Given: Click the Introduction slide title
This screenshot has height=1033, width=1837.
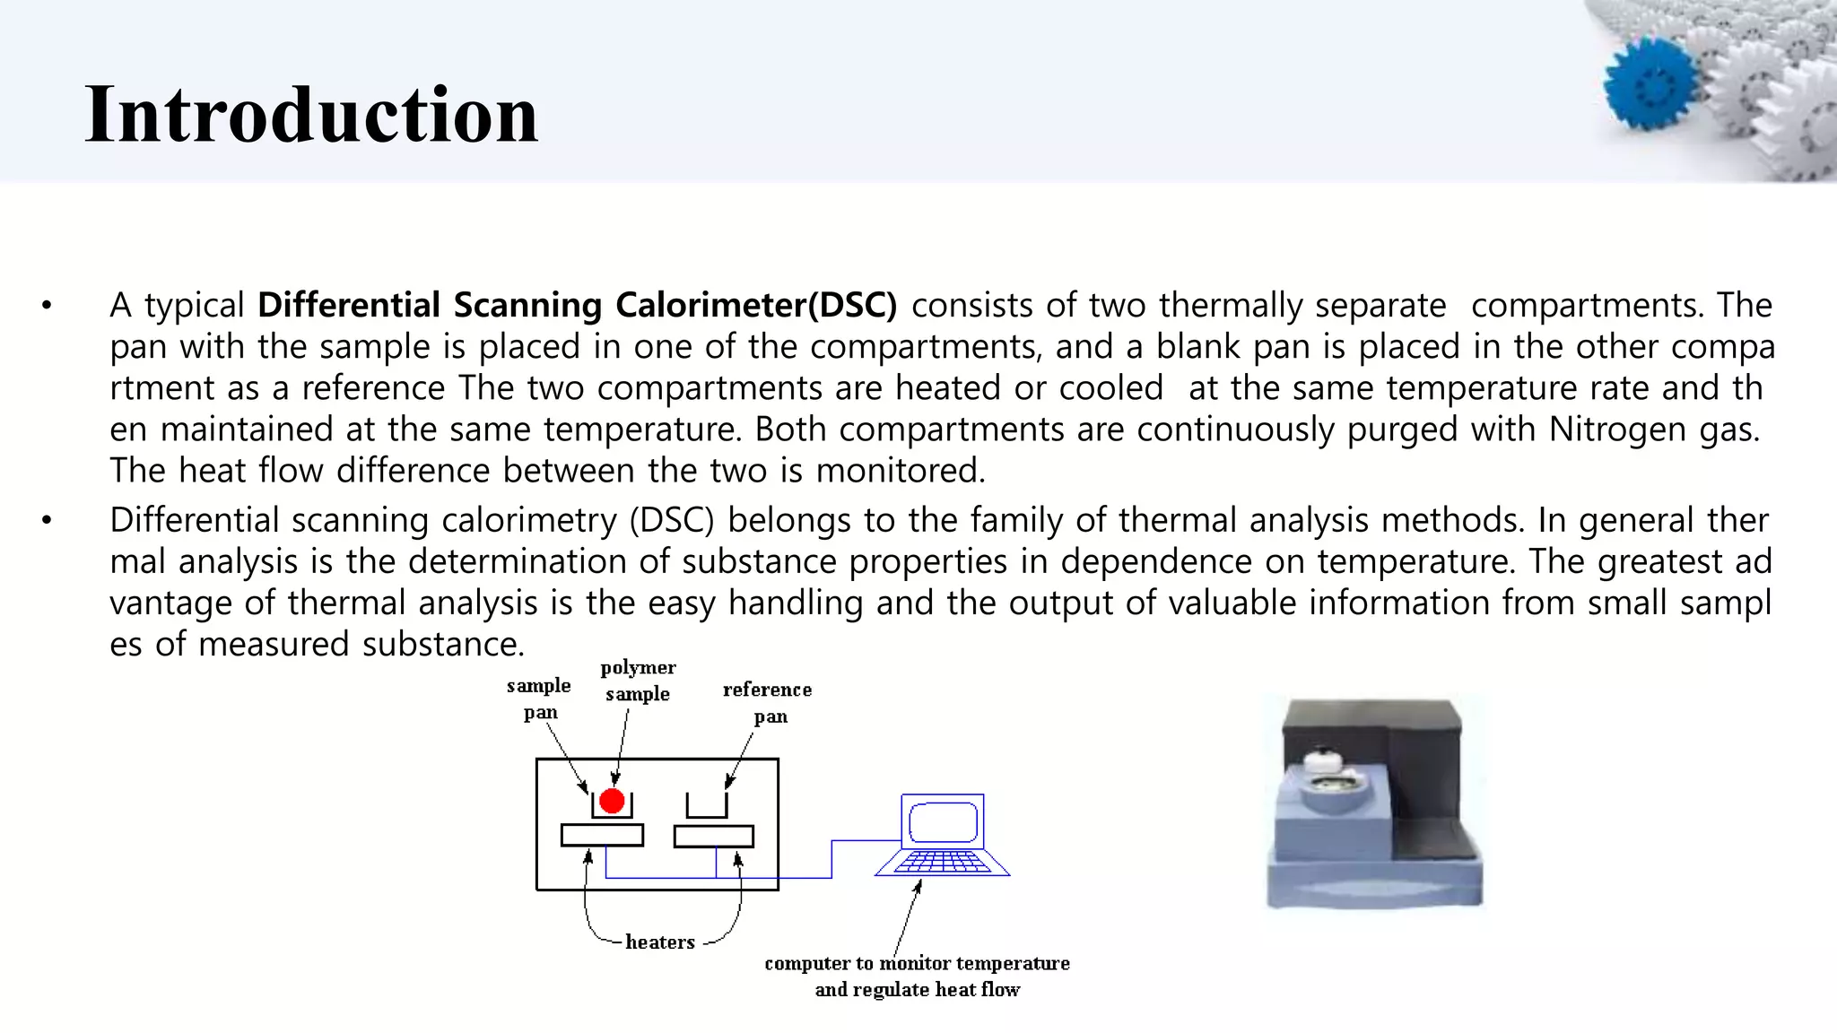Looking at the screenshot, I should (311, 114).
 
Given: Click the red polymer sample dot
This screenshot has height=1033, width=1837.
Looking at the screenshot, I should (612, 801).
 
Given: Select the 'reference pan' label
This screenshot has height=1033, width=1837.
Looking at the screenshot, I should (768, 702).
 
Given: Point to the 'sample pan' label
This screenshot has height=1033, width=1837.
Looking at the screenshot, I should (539, 699).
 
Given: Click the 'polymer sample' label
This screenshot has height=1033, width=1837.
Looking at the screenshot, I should (638, 680).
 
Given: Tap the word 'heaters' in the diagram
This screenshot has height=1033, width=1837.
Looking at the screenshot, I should (660, 942).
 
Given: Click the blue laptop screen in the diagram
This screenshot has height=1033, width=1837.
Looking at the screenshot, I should (943, 821).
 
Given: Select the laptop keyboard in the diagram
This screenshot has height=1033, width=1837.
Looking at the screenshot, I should (942, 863).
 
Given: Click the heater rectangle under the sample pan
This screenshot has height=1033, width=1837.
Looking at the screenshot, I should (602, 836).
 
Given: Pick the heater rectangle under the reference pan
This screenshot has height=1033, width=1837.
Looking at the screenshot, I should (714, 836).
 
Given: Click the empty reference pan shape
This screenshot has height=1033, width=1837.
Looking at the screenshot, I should (707, 806).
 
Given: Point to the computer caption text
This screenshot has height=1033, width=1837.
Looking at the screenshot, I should (917, 976).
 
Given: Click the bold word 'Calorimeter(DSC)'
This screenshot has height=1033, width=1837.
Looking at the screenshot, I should (756, 305).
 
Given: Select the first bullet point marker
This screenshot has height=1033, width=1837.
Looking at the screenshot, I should (47, 306).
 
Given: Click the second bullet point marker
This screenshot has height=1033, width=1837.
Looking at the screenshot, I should (47, 520).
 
